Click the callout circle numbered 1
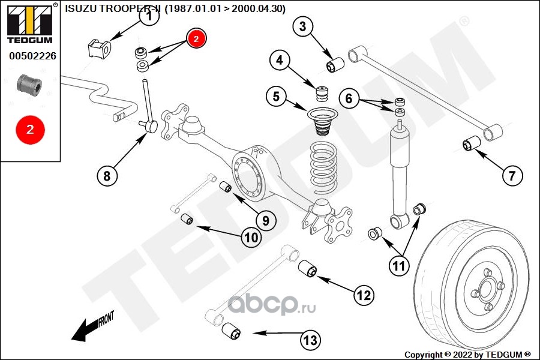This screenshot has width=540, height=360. [149, 16]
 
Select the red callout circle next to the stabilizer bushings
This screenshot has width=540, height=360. [196, 38]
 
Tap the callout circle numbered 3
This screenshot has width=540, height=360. [303, 26]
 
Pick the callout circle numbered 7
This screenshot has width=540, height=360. [512, 176]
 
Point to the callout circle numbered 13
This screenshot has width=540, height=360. [310, 340]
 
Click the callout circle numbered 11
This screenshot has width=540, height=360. [399, 266]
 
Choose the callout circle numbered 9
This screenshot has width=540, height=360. [266, 220]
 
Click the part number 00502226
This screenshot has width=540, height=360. [32, 56]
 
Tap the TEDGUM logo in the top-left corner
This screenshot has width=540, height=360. [30, 25]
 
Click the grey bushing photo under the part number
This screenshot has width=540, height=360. [29, 85]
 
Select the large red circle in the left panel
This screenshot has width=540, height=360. [31, 130]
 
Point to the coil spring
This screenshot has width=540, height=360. [323, 167]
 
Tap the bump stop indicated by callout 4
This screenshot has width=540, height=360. [322, 94]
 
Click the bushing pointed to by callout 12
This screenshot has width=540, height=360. [307, 268]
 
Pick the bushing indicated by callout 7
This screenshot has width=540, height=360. [472, 143]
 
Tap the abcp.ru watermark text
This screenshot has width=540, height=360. [271, 305]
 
